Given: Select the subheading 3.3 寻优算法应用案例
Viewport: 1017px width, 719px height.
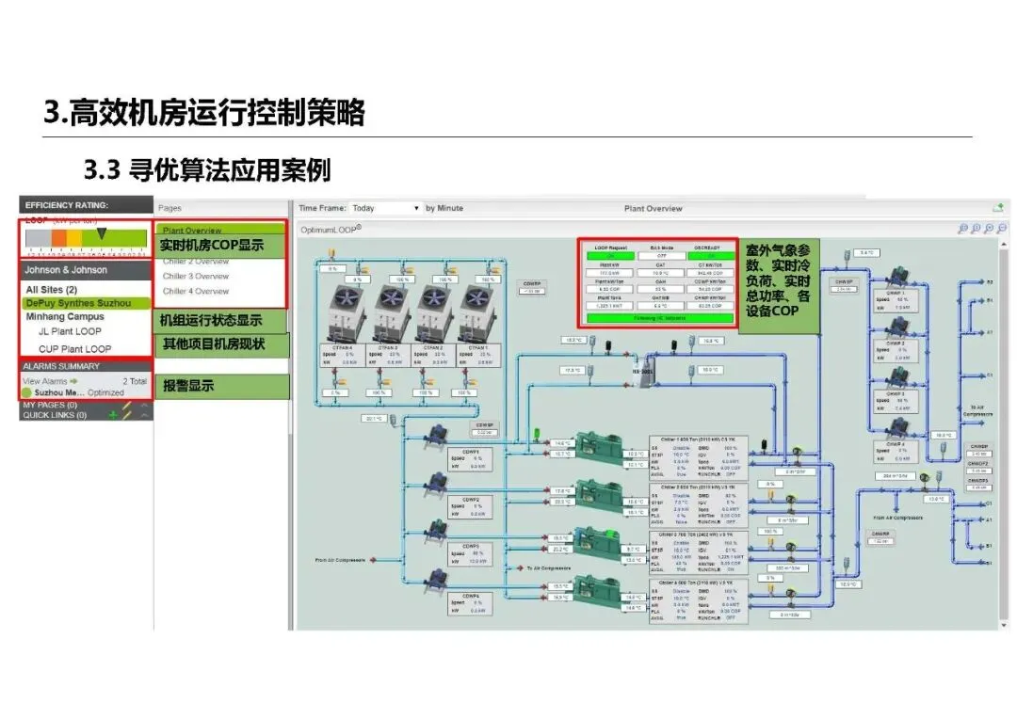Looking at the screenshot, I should tap(207, 170).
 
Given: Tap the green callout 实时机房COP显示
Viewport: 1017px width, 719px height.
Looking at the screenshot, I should tap(211, 246).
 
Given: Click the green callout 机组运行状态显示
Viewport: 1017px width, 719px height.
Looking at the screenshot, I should tap(211, 320).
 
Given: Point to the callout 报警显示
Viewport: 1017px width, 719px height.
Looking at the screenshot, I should tap(188, 385).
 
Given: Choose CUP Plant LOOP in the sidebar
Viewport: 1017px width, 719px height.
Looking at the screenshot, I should tap(74, 349).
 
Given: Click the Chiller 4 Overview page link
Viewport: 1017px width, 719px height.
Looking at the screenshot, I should tap(196, 291).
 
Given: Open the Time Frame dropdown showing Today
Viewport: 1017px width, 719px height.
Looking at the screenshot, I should tap(386, 208).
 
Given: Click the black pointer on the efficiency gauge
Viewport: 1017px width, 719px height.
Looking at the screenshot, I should tap(102, 232).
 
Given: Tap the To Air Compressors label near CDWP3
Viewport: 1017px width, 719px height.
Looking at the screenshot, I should tap(550, 568).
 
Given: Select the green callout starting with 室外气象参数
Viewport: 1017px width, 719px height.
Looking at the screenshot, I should tap(779, 286).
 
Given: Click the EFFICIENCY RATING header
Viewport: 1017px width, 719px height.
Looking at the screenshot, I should tap(67, 204).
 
